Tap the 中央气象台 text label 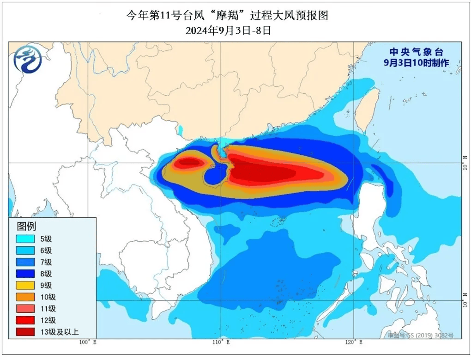[416, 52]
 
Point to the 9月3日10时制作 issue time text [416, 63]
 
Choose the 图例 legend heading [26, 226]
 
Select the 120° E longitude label [354, 342]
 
